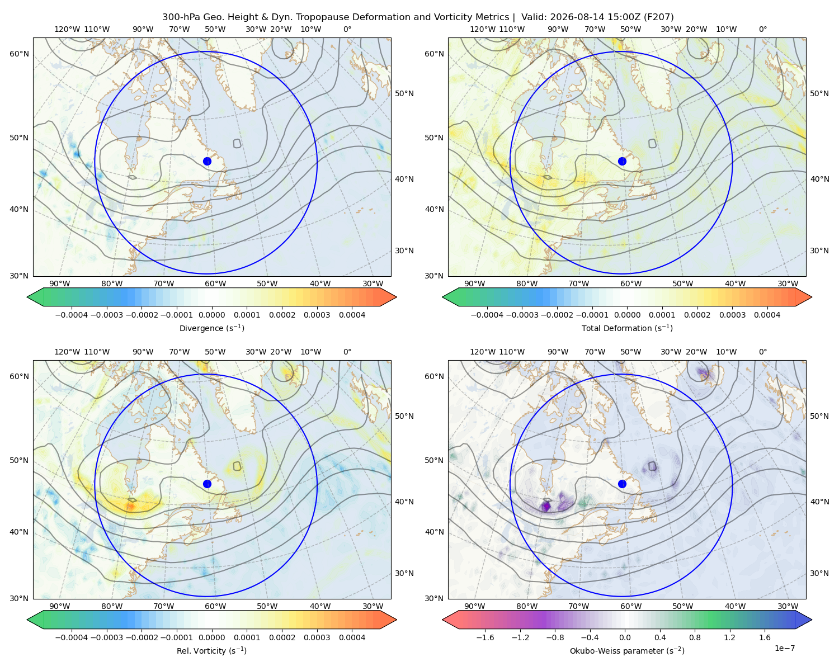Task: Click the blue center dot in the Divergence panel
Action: click(x=207, y=161)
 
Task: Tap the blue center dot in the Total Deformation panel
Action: click(x=622, y=161)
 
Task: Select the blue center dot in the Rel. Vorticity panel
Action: click(x=207, y=484)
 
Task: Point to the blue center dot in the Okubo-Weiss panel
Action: click(x=622, y=484)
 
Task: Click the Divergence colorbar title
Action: click(x=211, y=328)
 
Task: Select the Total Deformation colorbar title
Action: click(x=627, y=328)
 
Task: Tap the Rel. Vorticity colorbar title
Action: click(x=211, y=651)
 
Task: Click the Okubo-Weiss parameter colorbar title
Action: click(x=627, y=651)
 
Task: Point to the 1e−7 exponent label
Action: click(x=784, y=648)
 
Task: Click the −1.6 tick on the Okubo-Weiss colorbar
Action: click(x=485, y=637)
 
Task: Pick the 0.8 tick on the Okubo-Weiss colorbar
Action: click(x=695, y=637)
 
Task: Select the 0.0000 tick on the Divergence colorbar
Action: click(x=211, y=315)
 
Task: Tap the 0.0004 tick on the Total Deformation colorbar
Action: click(x=767, y=315)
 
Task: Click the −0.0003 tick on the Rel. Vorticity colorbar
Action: click(x=106, y=637)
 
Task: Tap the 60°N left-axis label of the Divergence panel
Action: click(x=19, y=54)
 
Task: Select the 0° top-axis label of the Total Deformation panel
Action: click(x=762, y=29)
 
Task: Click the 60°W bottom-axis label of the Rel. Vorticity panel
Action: click(x=215, y=606)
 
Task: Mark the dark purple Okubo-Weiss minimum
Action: click(x=546, y=507)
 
